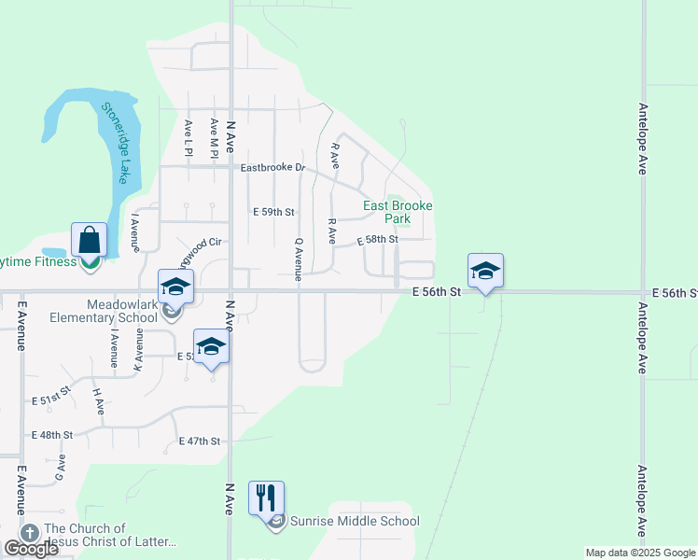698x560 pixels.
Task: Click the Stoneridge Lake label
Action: (117, 142)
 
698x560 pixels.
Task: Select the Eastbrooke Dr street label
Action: (272, 168)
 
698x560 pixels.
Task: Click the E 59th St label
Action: (273, 212)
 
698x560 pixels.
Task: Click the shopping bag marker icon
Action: (90, 240)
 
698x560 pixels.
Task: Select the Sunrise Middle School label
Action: (354, 522)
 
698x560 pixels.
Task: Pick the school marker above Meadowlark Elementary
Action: (175, 287)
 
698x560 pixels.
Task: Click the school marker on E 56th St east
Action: (485, 271)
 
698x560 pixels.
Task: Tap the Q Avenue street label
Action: (298, 259)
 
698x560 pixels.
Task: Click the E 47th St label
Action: (201, 441)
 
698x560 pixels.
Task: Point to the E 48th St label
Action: (52, 436)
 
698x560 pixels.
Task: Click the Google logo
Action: (30, 549)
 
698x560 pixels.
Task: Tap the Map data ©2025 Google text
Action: (640, 553)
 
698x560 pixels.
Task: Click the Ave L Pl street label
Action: (188, 137)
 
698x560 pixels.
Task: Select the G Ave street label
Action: (62, 469)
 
